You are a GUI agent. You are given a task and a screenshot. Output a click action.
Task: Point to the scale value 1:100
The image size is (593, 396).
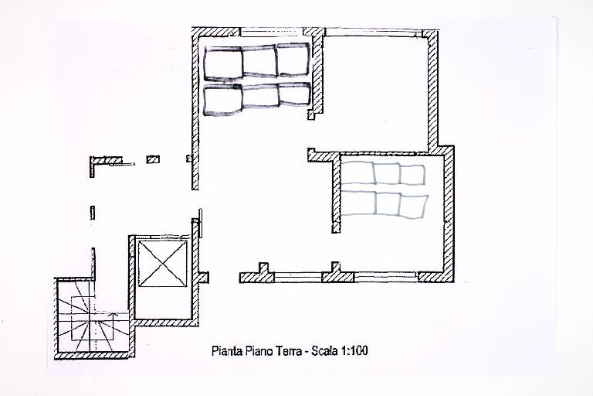(354, 351)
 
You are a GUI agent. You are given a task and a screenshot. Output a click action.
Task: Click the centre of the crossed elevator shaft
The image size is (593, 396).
(163, 264)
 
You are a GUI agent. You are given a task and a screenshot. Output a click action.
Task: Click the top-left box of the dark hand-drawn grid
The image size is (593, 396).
(222, 63)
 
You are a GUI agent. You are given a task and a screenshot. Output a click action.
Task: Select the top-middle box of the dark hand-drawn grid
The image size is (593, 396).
(259, 61)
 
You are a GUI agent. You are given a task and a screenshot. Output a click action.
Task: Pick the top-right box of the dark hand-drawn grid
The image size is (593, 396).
(293, 60)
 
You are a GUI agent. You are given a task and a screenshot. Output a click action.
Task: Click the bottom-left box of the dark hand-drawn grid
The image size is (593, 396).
(222, 100)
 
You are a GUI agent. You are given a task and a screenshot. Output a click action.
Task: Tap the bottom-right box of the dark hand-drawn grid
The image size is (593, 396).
(294, 94)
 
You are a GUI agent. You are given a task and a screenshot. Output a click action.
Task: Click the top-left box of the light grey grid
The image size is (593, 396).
(357, 173)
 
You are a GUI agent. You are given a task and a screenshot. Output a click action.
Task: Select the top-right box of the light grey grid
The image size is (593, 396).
(412, 175)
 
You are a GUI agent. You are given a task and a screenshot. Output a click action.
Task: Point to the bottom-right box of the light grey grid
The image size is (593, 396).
(413, 207)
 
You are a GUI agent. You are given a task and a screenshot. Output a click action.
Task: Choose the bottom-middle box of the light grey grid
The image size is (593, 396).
(388, 204)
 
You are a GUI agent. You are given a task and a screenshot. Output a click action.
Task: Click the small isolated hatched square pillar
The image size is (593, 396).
(153, 159)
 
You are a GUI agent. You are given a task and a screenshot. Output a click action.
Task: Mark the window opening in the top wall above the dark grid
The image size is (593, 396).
(272, 32)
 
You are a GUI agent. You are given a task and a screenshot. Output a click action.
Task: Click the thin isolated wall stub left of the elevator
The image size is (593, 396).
(93, 213)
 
